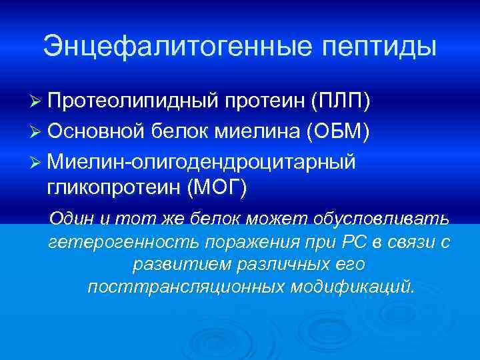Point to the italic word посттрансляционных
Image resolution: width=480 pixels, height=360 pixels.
[x=186, y=287]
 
